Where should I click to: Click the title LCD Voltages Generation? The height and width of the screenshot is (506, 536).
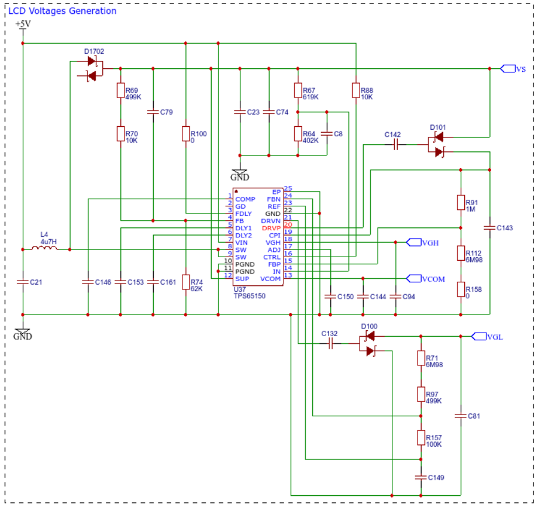tap(62, 11)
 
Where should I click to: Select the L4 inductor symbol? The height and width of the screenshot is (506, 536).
tap(44, 248)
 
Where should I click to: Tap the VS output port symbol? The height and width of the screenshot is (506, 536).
tap(508, 69)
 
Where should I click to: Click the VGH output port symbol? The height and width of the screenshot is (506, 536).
tap(413, 242)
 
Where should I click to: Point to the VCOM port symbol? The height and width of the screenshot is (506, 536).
tap(413, 279)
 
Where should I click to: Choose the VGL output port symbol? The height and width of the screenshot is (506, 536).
tap(479, 336)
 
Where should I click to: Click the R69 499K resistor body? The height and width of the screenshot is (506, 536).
tap(121, 90)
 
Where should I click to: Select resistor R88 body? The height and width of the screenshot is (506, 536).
tap(356, 90)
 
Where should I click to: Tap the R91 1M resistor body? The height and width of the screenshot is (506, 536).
tap(461, 202)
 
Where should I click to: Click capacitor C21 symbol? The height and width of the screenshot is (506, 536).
tap(23, 282)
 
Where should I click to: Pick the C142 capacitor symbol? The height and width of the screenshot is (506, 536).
tap(396, 145)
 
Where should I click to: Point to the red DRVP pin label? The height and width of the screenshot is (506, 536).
tap(271, 228)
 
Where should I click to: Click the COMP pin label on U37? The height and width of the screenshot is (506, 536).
tap(245, 199)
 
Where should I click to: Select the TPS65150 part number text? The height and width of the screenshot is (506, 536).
tap(249, 296)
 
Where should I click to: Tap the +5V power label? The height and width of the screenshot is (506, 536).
tap(23, 24)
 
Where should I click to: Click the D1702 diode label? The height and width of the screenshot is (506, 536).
tap(94, 51)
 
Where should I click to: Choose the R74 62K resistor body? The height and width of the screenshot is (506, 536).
tap(185, 282)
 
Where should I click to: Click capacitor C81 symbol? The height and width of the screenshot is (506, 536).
tap(461, 416)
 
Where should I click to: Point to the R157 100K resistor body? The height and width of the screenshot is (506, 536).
tap(421, 438)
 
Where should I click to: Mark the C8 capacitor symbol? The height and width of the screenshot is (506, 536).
tap(327, 134)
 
